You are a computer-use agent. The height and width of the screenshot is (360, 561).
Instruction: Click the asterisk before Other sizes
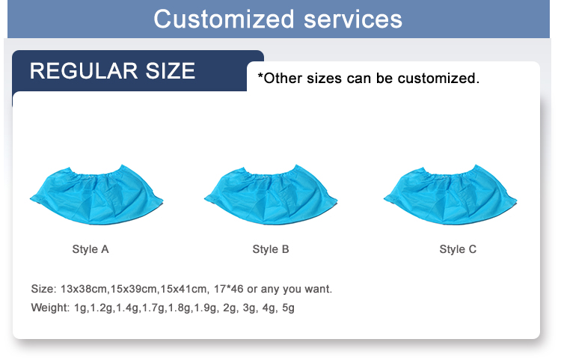260,76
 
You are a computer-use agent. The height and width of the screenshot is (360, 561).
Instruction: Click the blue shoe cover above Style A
96,196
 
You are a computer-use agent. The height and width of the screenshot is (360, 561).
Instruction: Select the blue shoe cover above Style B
271,196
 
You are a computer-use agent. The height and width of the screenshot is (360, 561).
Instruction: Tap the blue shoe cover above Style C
450,196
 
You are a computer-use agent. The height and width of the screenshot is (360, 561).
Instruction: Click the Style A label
91,249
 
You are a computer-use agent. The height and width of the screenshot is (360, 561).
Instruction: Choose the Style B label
271,249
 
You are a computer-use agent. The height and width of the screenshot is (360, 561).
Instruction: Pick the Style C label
458,249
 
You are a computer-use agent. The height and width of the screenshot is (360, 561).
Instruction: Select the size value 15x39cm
135,289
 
